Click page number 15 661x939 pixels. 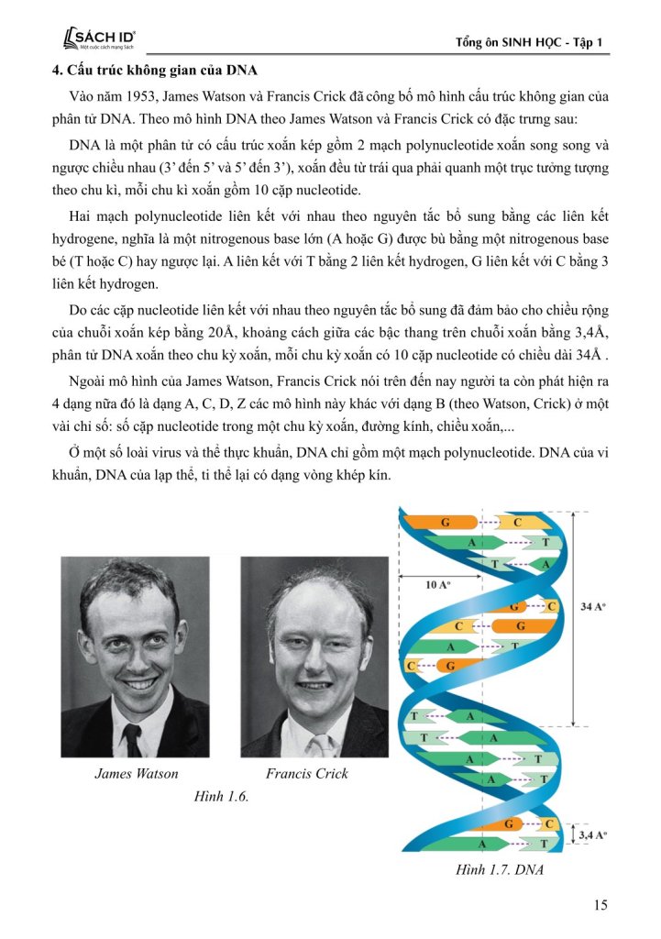600,906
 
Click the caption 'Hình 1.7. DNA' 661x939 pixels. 499,869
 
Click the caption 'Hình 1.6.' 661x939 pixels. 222,797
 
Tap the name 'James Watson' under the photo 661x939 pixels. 137,773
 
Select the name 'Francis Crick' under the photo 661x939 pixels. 307,773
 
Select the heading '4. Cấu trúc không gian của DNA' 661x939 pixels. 154,71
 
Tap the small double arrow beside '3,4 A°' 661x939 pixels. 572,834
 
